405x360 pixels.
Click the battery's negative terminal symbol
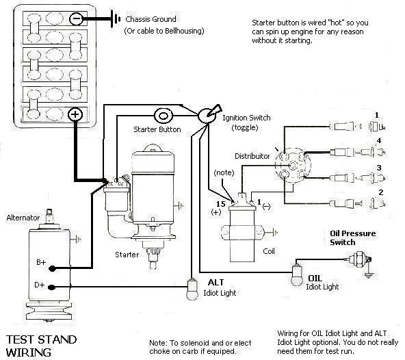[x=76, y=18]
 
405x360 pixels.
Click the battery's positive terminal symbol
[x=75, y=114]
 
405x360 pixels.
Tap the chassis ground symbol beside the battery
[x=116, y=18]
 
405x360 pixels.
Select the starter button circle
[x=164, y=116]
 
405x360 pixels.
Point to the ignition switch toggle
[x=209, y=114]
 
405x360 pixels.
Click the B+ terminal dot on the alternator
[x=52, y=268]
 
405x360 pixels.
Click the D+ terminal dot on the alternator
[x=52, y=287]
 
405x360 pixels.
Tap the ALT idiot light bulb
[x=192, y=290]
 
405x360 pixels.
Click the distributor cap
[x=292, y=166]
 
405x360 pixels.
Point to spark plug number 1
[x=377, y=127]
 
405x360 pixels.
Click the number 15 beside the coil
[x=220, y=204]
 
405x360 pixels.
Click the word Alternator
[x=23, y=218]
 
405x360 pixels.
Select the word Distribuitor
[x=252, y=156]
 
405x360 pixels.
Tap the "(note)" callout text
[x=224, y=172]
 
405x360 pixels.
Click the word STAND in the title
[x=57, y=339]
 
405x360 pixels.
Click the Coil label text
[x=269, y=251]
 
